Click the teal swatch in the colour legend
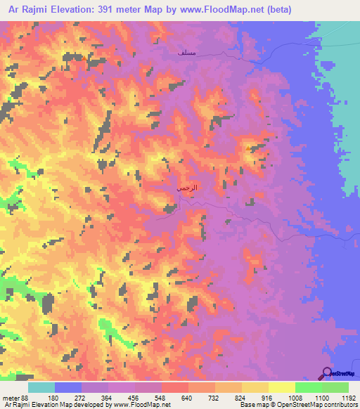point(41,387)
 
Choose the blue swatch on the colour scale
point(68,387)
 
